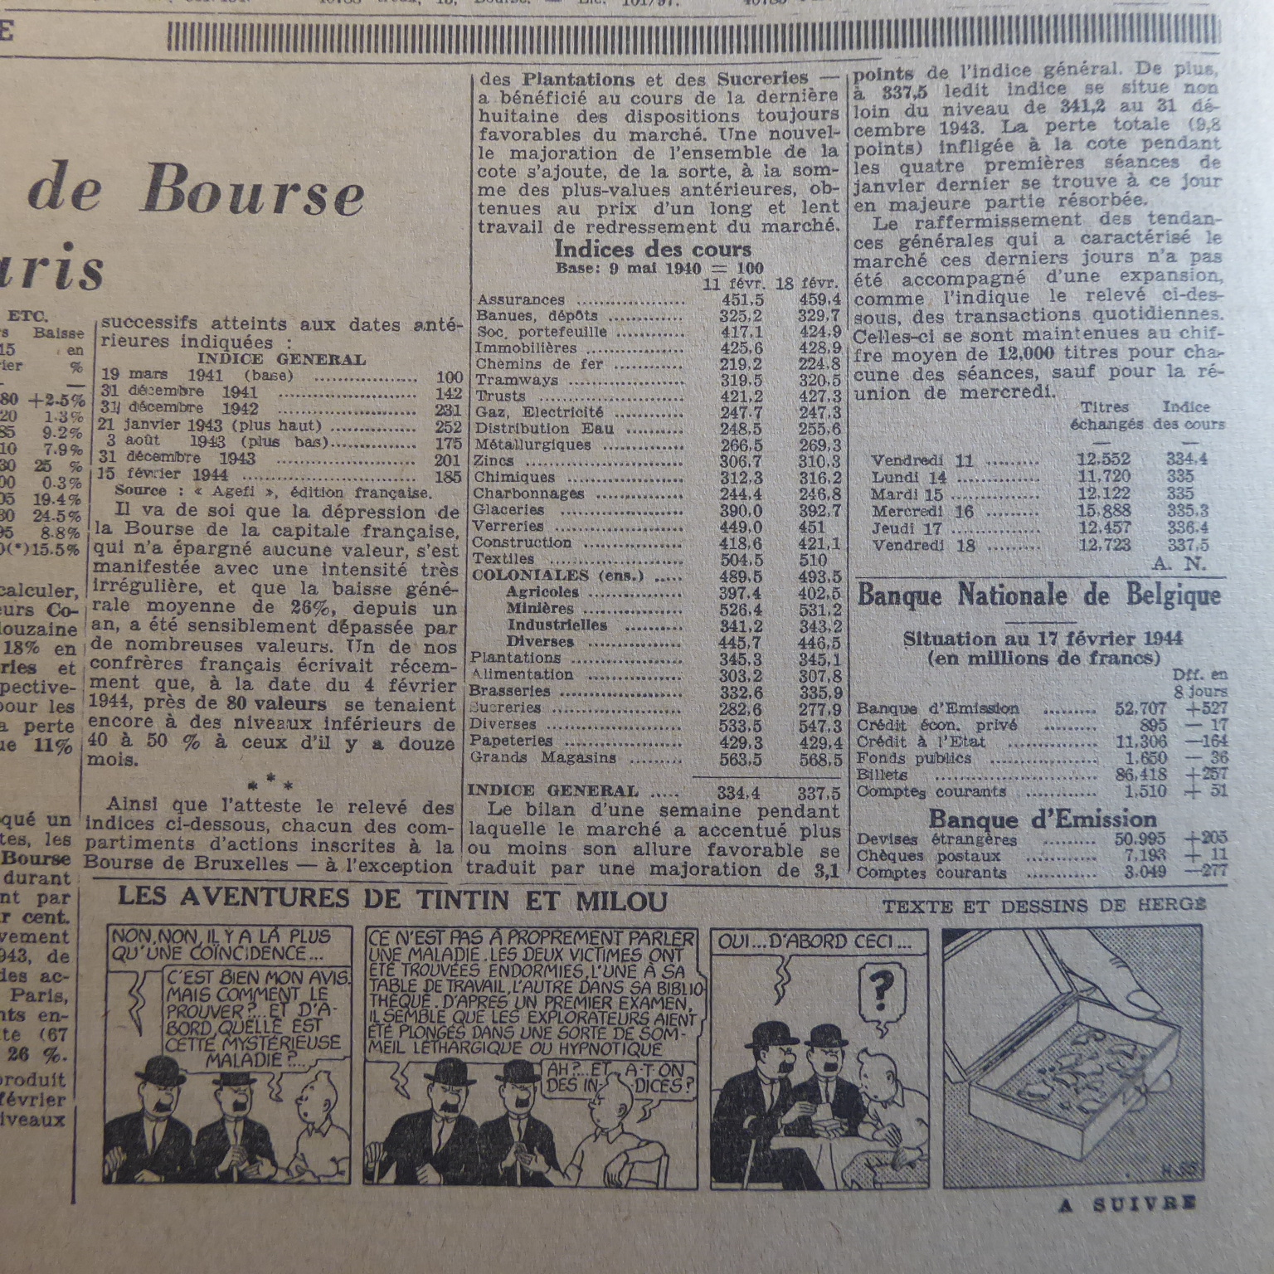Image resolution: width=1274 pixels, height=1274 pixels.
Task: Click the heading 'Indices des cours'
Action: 652,249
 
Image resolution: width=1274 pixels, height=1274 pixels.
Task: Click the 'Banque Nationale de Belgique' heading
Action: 1038,596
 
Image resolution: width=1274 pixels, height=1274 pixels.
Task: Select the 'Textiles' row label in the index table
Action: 498,559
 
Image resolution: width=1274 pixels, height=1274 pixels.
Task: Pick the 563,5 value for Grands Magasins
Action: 742,759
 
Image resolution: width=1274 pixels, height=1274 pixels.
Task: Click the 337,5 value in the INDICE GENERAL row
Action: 819,793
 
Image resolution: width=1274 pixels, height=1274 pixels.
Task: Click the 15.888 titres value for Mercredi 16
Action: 1103,511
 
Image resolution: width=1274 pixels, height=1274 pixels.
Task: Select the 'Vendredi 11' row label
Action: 921,460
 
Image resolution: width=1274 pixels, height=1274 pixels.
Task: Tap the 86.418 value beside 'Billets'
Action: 1140,775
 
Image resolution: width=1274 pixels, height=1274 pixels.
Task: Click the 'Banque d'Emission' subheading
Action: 1042,819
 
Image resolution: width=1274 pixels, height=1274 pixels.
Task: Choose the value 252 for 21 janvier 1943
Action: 448,426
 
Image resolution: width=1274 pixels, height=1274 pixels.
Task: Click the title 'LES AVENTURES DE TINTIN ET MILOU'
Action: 392,899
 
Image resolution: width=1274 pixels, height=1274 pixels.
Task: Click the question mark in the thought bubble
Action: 881,988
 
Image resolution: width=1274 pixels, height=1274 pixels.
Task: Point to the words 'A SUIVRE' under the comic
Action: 1126,1204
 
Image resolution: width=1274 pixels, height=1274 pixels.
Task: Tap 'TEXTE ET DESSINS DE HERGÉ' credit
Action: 1043,907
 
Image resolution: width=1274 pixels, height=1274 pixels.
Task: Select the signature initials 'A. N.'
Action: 1179,564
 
